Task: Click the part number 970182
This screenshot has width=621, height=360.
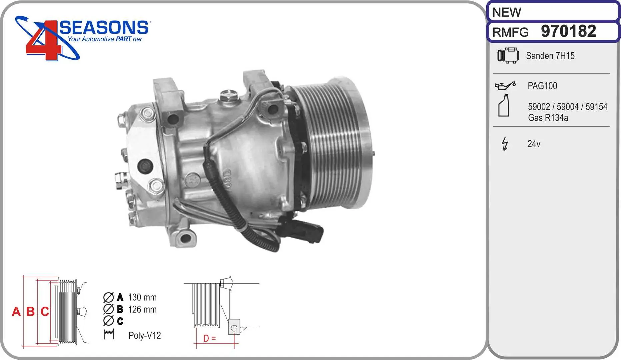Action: coord(568,31)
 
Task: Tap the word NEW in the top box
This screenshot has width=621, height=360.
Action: coord(507,12)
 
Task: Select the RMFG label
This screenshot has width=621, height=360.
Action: coord(510,32)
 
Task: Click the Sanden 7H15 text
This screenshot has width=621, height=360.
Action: coord(550,56)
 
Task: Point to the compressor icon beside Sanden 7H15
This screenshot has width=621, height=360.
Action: coord(508,55)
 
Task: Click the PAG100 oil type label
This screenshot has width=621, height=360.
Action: coord(542,86)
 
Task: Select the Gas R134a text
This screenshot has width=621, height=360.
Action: coord(548,118)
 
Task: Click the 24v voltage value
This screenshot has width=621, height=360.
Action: coord(534,144)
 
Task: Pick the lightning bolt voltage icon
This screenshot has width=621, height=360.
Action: coord(505,144)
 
